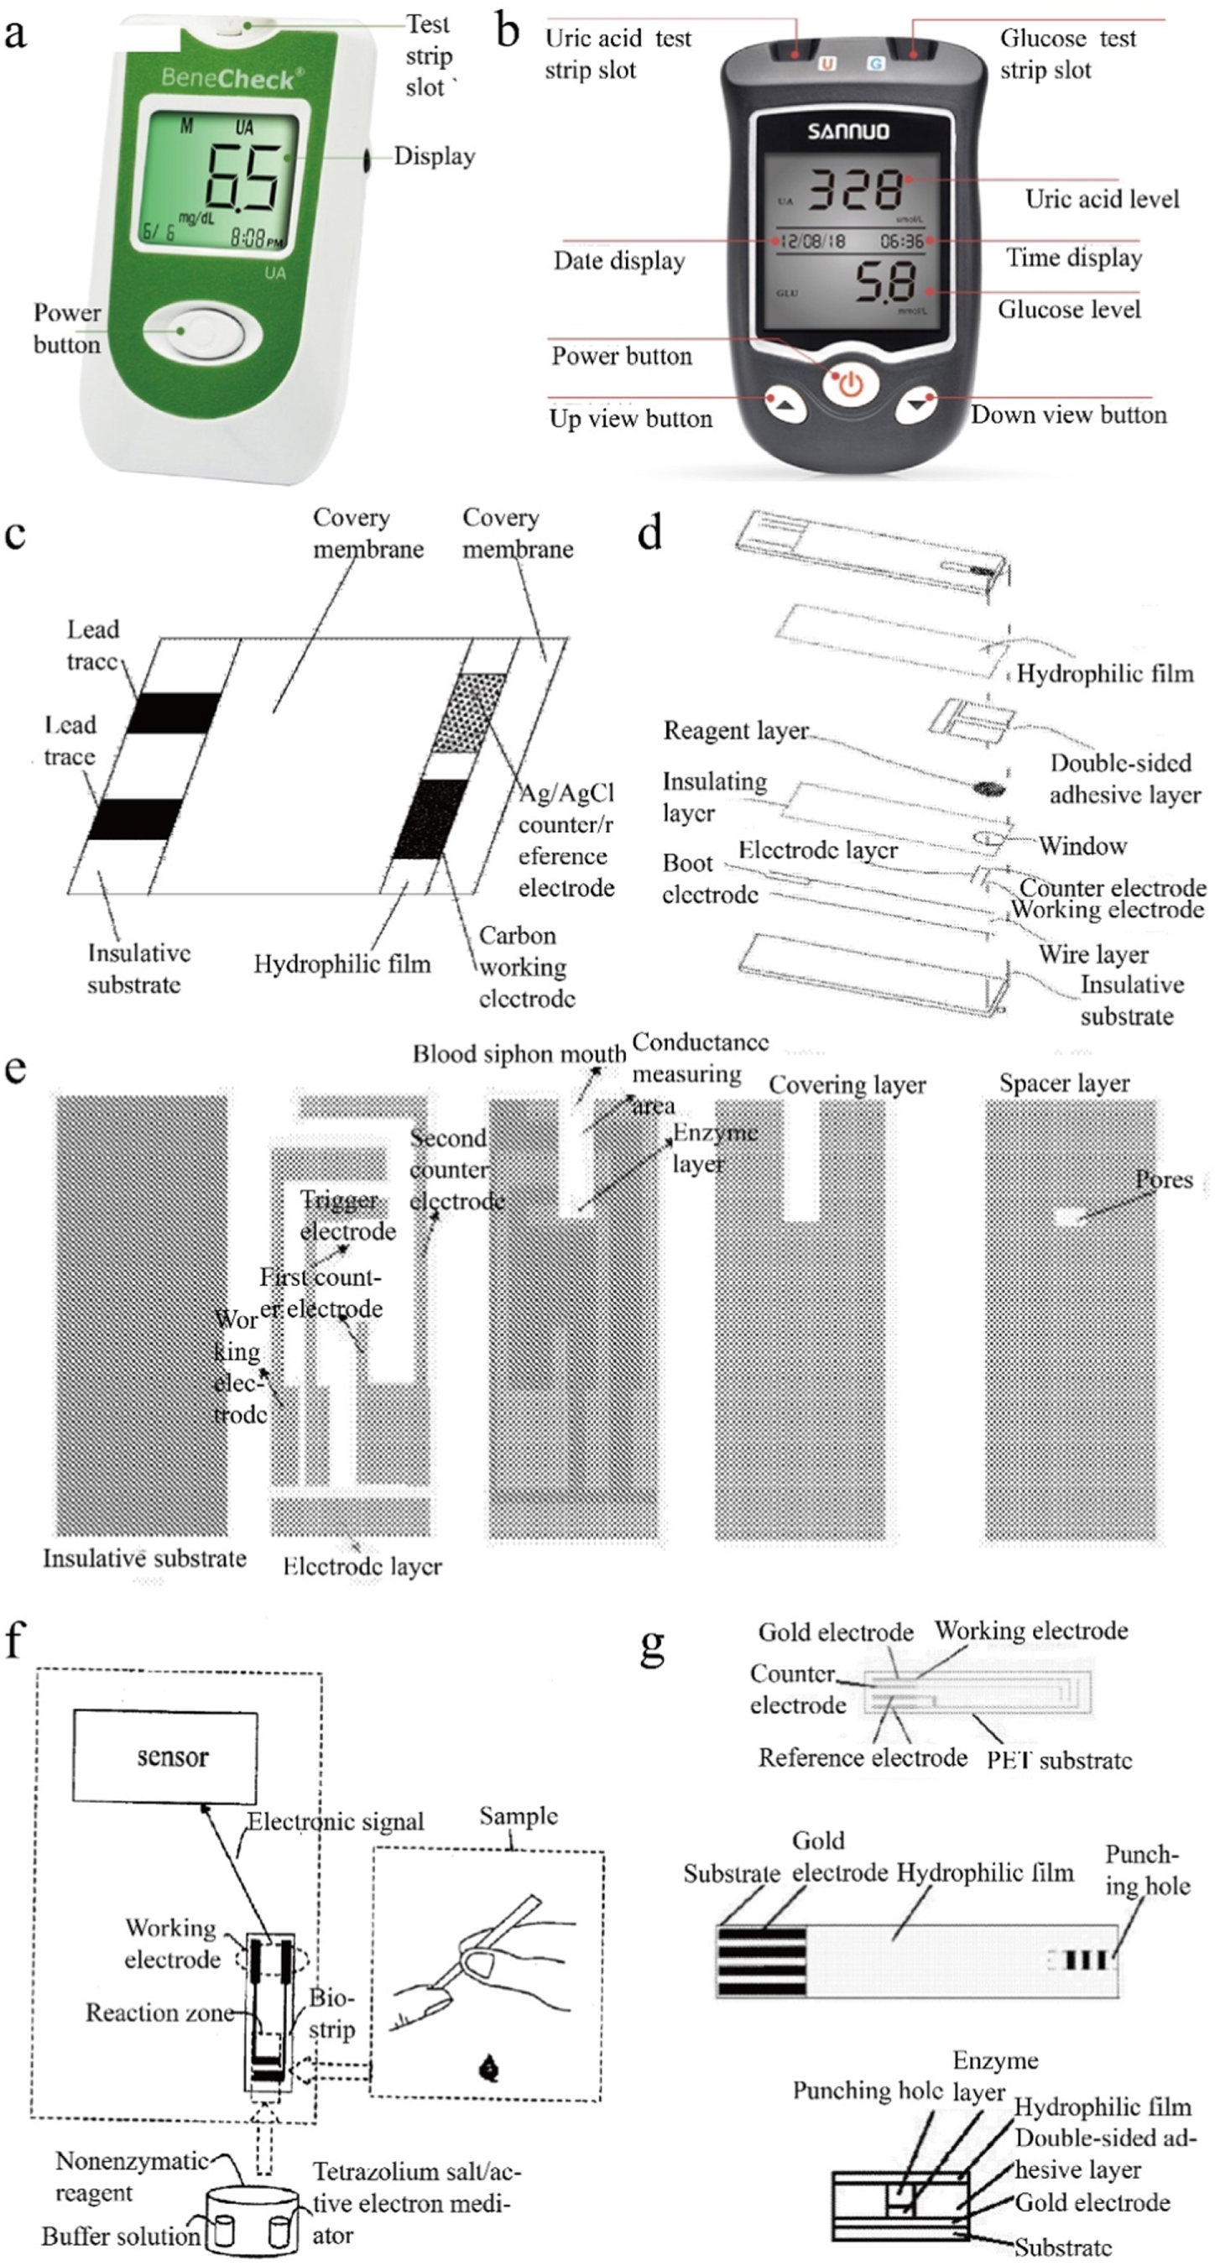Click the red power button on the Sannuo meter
(851, 384)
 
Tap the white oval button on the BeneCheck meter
(201, 332)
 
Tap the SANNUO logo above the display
(848, 132)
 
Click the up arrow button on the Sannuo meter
(786, 404)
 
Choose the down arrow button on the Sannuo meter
(918, 404)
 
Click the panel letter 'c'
(15, 535)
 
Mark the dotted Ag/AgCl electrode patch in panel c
(469, 713)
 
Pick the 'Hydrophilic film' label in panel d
(1105, 674)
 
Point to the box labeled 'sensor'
(165, 1757)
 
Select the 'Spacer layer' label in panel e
(1063, 1083)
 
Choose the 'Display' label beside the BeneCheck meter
(434, 157)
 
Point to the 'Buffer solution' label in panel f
(121, 2236)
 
